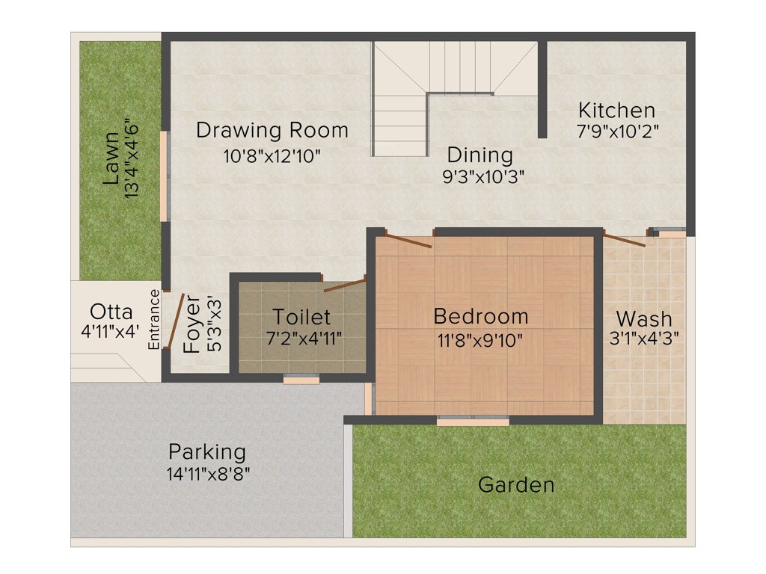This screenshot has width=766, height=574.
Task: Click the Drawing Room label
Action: point(272,130)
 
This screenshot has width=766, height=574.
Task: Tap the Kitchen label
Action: point(616,111)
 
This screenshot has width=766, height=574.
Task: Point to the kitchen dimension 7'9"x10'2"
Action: point(616,129)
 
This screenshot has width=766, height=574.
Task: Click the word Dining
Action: point(480,155)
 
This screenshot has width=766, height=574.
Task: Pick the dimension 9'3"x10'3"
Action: point(483,177)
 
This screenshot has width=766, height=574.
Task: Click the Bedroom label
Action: point(481,316)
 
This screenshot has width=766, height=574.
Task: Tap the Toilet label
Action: point(301,317)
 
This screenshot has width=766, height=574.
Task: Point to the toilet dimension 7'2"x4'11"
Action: point(304,338)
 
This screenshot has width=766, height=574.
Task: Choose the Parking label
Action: point(207,452)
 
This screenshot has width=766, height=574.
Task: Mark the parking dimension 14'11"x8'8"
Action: point(209,473)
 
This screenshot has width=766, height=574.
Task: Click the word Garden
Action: point(516,485)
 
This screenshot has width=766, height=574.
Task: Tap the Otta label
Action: point(111,312)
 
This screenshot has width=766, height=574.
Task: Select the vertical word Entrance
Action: point(154,319)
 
